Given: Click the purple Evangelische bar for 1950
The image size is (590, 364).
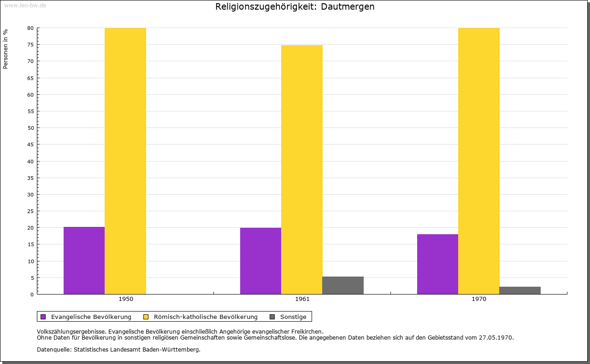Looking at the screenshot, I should click(x=84, y=260).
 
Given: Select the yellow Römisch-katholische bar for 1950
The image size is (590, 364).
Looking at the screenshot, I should click(x=125, y=161).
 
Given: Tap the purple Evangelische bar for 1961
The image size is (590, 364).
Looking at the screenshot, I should click(x=260, y=261).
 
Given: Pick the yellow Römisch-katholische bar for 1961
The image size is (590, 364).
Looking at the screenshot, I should click(x=302, y=169).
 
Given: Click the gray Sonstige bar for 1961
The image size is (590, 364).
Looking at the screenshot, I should click(x=343, y=285).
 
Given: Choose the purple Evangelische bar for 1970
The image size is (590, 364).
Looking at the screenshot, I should click(x=437, y=264).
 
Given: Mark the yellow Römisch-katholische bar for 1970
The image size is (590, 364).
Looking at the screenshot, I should click(x=478, y=161).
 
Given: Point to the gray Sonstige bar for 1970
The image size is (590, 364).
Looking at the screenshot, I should click(x=520, y=290).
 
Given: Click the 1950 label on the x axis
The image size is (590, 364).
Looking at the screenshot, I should click(x=126, y=299).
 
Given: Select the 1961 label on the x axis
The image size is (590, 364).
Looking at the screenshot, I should click(x=302, y=299).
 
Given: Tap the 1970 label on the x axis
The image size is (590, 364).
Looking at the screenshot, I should click(x=479, y=299).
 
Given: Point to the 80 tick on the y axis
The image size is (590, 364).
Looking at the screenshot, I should click(x=30, y=28).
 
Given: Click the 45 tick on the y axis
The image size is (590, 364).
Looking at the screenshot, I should click(x=30, y=144).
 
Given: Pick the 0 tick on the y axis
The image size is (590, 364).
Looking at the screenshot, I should click(x=32, y=295).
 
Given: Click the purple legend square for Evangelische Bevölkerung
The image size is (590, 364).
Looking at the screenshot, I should click(x=43, y=317).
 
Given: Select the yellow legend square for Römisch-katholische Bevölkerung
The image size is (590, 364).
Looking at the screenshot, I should click(x=146, y=317).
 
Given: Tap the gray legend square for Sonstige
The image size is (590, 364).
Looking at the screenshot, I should click(x=272, y=317).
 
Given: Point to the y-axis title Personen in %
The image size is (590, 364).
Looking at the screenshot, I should click(x=6, y=49).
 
